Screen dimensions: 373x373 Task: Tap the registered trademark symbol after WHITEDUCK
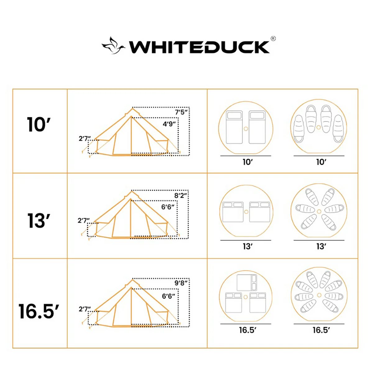(x=273, y=39)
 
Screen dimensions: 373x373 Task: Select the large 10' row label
(x=39, y=125)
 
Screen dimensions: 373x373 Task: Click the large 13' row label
(x=39, y=221)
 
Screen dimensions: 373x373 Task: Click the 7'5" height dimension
(x=182, y=112)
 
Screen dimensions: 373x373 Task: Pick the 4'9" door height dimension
(x=170, y=124)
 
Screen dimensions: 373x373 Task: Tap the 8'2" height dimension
(x=181, y=196)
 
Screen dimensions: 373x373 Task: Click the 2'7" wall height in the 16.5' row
(x=85, y=309)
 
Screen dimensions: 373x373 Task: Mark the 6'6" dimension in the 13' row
(x=168, y=207)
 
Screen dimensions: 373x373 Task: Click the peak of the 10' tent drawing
(x=132, y=108)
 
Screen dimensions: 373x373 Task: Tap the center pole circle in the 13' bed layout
(x=246, y=212)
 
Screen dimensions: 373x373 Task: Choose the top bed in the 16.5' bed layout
(x=247, y=282)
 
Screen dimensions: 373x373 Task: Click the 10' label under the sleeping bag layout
(x=321, y=162)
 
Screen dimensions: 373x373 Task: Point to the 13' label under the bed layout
(x=247, y=246)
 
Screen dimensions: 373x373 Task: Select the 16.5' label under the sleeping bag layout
(x=321, y=330)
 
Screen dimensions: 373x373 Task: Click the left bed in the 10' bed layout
(x=234, y=127)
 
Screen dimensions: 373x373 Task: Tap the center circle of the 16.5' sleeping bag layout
(x=319, y=295)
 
